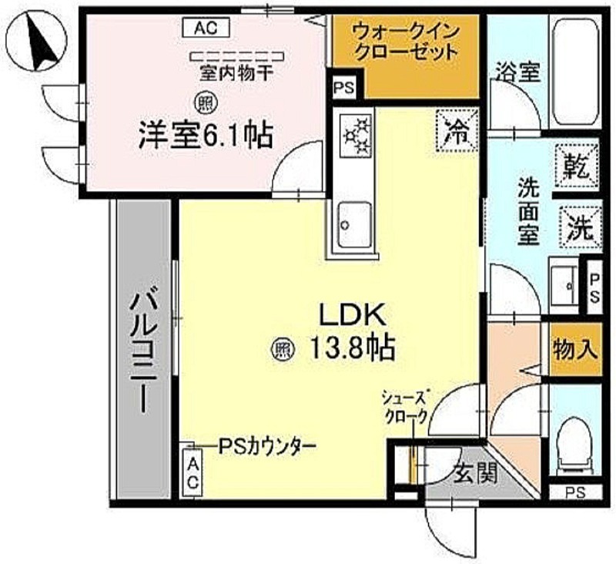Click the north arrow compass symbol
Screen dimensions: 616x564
click(x=37, y=41)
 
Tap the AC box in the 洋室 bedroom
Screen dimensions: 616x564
click(x=206, y=28)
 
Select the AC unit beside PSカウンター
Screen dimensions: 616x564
click(x=192, y=472)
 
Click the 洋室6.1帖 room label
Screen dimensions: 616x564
click(x=206, y=136)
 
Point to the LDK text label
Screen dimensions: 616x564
click(x=352, y=315)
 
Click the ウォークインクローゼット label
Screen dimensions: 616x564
click(x=407, y=42)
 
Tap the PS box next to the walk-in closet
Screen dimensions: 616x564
click(x=344, y=87)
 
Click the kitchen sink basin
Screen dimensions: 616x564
click(x=355, y=224)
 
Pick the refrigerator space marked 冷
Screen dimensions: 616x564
click(x=457, y=130)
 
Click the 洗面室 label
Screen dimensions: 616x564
click(x=527, y=211)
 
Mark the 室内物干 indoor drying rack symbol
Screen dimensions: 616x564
click(x=237, y=57)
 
